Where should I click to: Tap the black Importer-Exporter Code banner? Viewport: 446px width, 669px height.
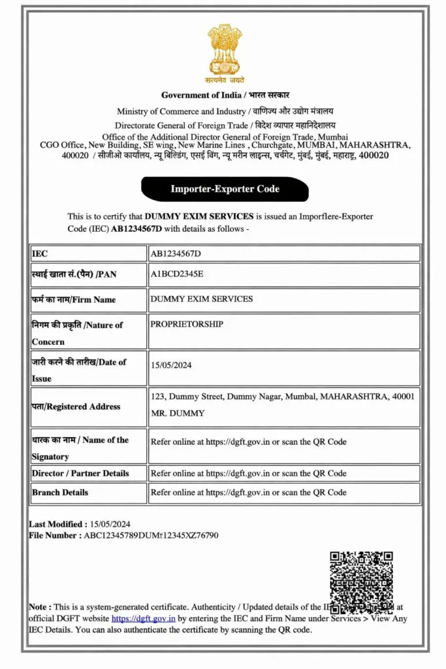coord(225,189)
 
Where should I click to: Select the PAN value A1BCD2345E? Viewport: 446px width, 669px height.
coord(177,274)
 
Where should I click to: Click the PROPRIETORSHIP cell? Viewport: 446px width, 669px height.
coord(187,324)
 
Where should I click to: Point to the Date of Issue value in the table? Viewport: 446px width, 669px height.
coord(170,365)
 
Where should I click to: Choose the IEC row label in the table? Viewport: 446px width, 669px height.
coord(40,253)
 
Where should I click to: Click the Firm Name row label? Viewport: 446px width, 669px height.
coord(74,299)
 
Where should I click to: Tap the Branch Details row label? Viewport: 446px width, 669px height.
coord(60,492)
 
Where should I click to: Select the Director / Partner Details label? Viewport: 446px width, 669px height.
coord(80,473)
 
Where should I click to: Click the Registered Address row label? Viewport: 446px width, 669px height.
coord(76,406)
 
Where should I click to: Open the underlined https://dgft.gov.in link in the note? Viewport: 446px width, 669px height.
coord(143,618)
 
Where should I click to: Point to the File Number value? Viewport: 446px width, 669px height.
coord(151,536)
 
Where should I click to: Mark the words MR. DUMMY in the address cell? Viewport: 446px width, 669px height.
coord(178,413)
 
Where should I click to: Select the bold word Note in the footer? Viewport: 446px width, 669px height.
coord(39,606)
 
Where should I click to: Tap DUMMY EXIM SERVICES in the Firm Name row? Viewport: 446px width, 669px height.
coord(201,299)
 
